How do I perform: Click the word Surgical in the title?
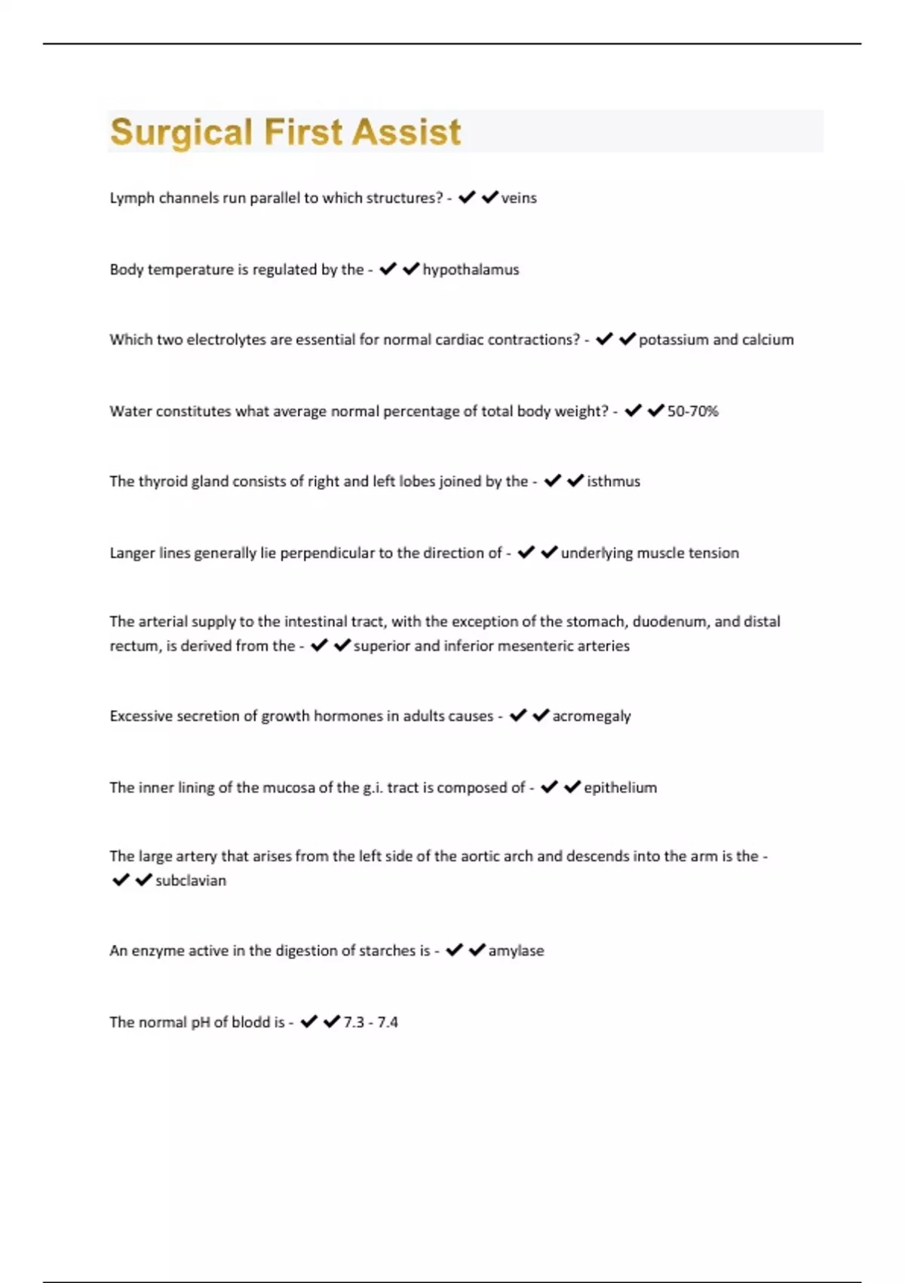pyautogui.click(x=181, y=133)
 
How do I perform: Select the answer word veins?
pyautogui.click(x=519, y=198)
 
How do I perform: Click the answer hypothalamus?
pyautogui.click(x=471, y=269)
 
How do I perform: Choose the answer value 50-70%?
pyautogui.click(x=692, y=411)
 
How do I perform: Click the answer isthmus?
pyautogui.click(x=613, y=482)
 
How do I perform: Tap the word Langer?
pyautogui.click(x=131, y=553)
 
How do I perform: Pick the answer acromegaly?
pyautogui.click(x=591, y=716)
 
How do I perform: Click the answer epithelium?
pyautogui.click(x=620, y=788)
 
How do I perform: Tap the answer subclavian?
pyautogui.click(x=190, y=881)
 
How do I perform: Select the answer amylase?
pyautogui.click(x=516, y=951)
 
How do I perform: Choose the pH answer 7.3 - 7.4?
pyautogui.click(x=370, y=1023)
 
